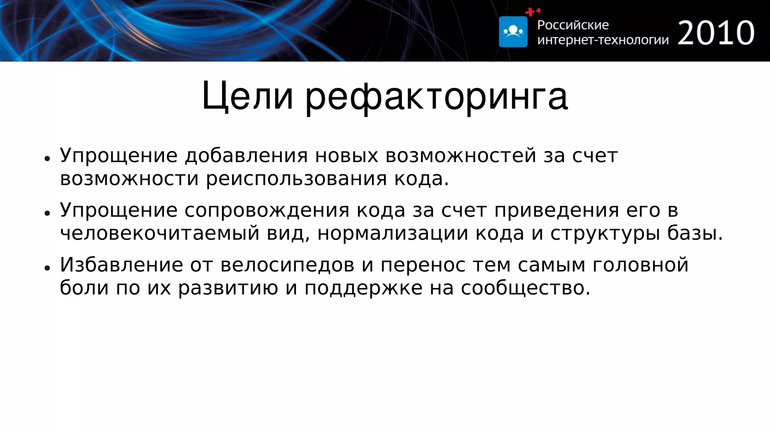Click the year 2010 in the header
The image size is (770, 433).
point(716,33)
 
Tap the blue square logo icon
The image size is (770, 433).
point(513,32)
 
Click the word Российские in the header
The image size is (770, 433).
point(573,25)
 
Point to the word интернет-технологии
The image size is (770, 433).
point(603,40)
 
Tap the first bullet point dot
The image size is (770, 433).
point(47,159)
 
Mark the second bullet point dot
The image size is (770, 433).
point(47,213)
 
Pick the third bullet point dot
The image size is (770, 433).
point(47,268)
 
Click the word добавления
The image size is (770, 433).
point(246,156)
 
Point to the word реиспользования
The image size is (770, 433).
point(296,179)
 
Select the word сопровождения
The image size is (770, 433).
point(267,210)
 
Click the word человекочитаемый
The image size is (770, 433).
point(160,233)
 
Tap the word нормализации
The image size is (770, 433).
point(393,233)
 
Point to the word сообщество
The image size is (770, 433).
point(526,288)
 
